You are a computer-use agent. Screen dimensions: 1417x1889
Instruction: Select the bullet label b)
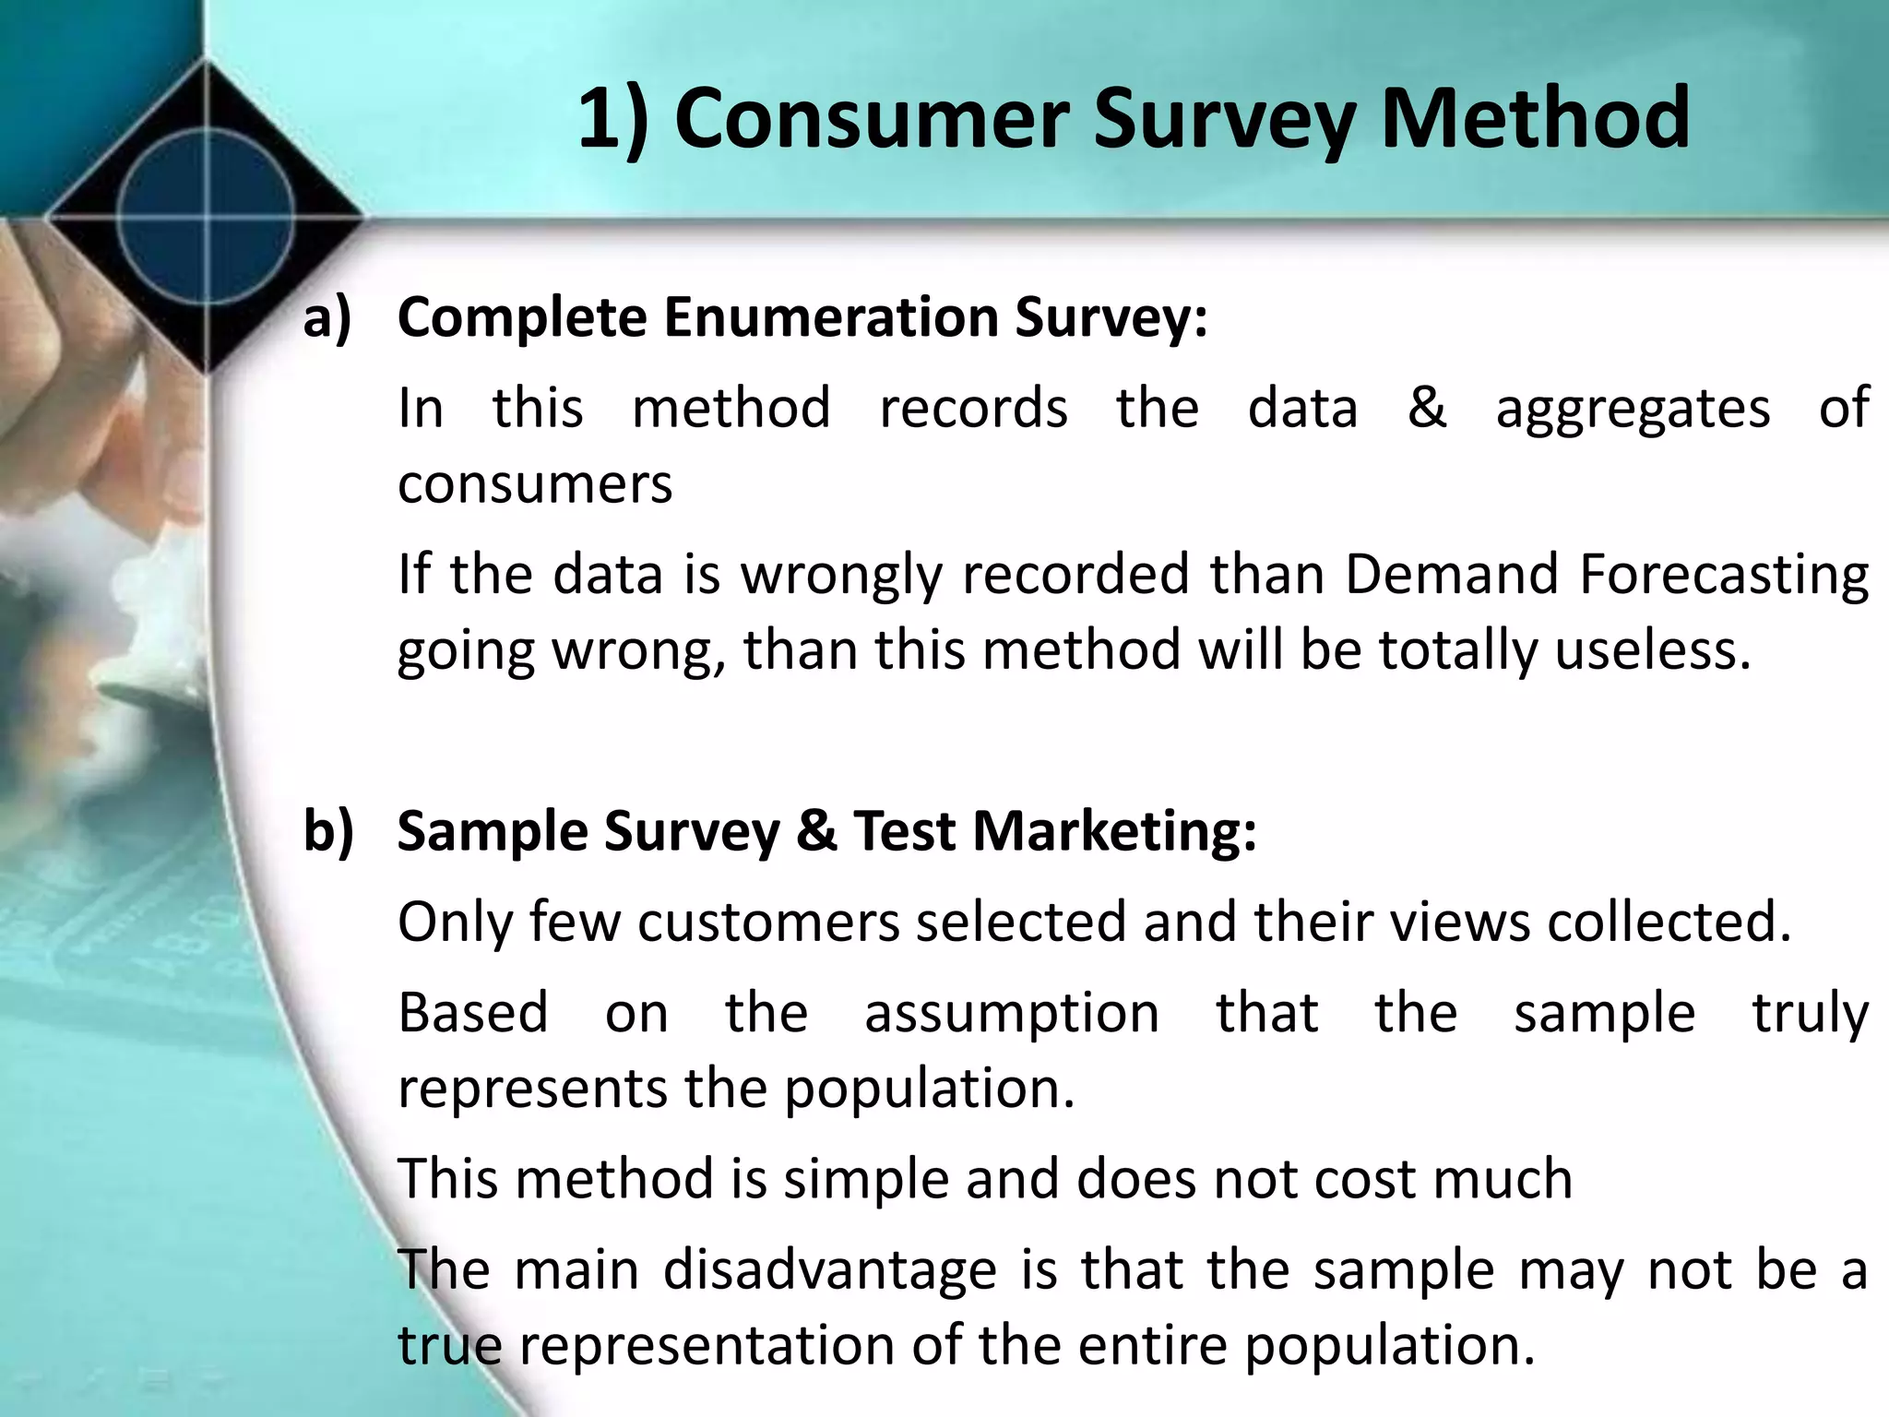pos(328,830)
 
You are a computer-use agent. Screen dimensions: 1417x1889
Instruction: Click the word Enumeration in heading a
pos(829,318)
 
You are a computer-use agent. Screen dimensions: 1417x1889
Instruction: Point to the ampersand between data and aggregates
pos(1426,408)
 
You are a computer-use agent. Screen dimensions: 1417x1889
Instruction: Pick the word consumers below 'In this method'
pos(535,484)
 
